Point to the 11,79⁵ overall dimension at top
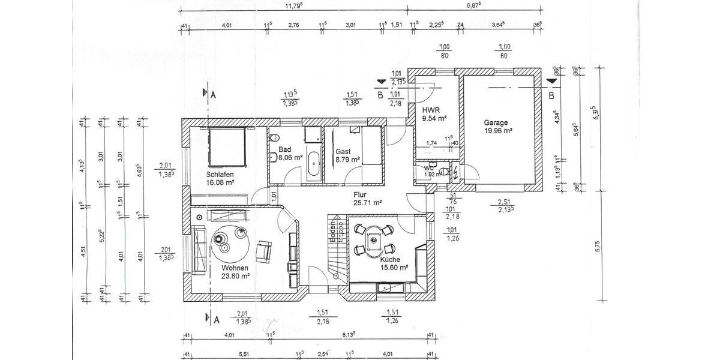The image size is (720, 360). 293,5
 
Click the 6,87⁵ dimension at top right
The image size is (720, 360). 474,5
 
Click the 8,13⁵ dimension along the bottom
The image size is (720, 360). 347,335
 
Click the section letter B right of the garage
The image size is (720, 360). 551,95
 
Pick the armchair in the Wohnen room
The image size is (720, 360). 264,250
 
